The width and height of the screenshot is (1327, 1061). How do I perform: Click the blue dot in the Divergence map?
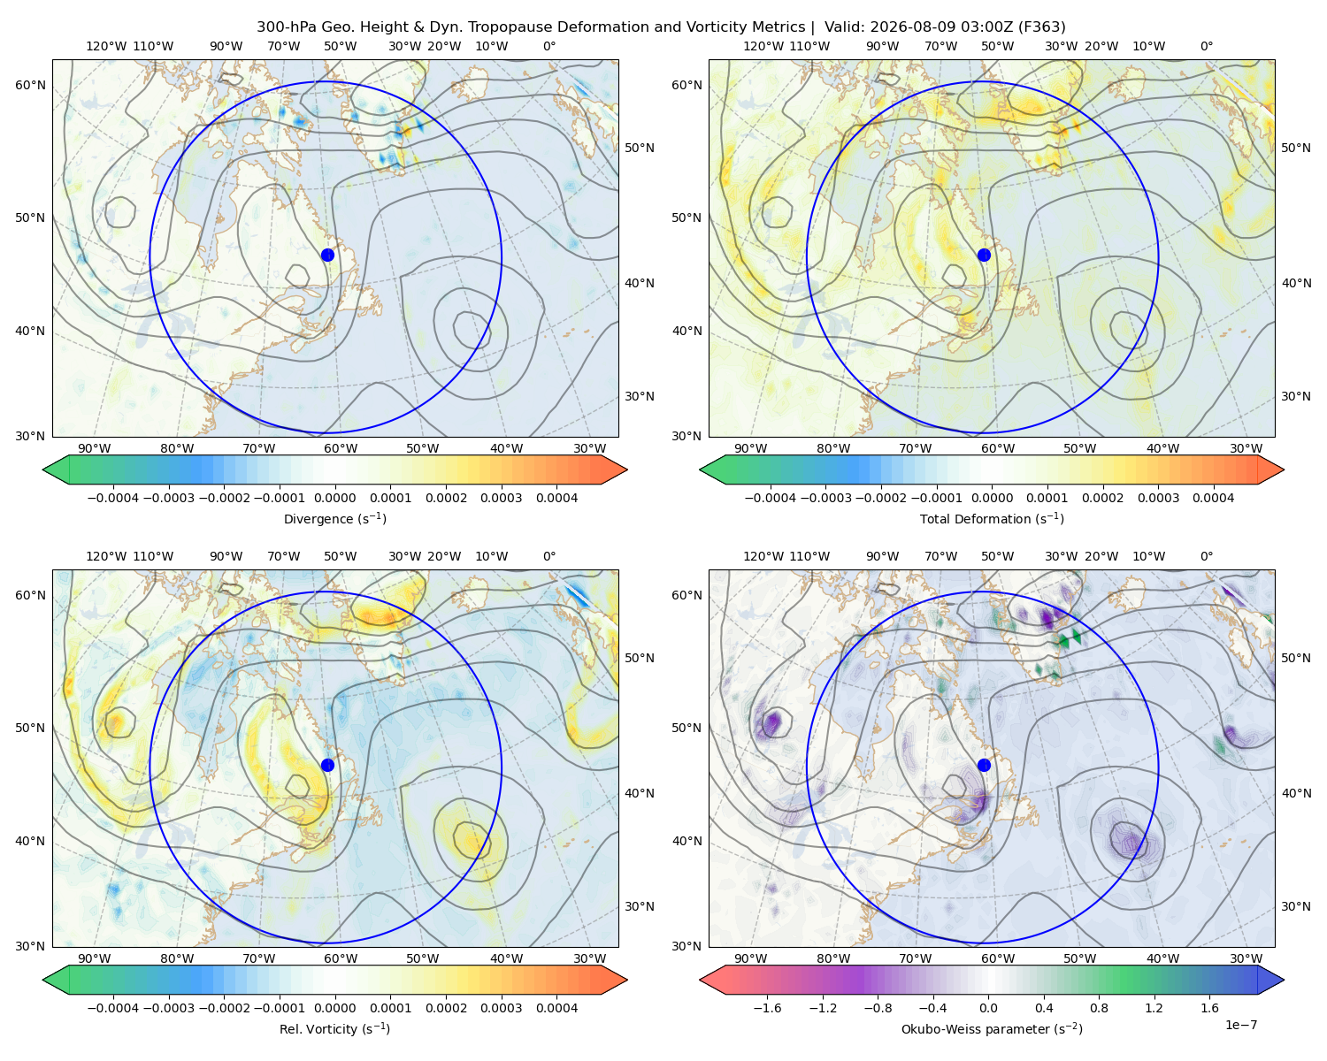click(327, 255)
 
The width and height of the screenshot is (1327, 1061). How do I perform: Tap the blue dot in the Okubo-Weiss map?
click(984, 765)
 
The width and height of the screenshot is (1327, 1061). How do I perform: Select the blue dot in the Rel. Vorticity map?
click(327, 765)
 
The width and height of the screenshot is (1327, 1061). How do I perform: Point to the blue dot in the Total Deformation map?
click(984, 255)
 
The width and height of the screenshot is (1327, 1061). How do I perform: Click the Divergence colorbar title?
click(334, 519)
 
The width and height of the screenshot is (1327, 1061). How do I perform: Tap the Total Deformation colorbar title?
click(992, 519)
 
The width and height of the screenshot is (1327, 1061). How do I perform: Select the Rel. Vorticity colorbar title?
click(334, 1029)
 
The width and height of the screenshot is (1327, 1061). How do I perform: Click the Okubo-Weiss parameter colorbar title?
click(992, 1029)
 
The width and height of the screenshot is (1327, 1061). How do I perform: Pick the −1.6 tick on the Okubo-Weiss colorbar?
click(767, 1008)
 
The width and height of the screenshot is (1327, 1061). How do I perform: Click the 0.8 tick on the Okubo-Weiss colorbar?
click(1099, 1008)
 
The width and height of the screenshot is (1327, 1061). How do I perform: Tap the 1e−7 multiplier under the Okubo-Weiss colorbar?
click(1240, 1026)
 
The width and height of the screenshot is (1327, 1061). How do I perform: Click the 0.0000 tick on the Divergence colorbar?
click(334, 498)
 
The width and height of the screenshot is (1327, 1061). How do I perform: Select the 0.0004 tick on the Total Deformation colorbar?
click(1214, 498)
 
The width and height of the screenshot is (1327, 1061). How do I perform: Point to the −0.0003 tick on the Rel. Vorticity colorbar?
click(168, 1008)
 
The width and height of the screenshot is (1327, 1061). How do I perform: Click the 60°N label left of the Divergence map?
click(30, 85)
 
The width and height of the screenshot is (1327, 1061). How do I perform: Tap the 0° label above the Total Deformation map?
click(1207, 46)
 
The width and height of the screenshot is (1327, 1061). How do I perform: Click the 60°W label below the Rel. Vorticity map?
click(341, 958)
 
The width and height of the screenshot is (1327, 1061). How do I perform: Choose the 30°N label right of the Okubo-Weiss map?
click(1296, 906)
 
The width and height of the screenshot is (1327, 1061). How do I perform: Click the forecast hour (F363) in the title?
click(1041, 27)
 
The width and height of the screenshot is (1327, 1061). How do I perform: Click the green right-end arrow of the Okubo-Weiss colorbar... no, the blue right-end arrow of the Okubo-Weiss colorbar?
click(1271, 980)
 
